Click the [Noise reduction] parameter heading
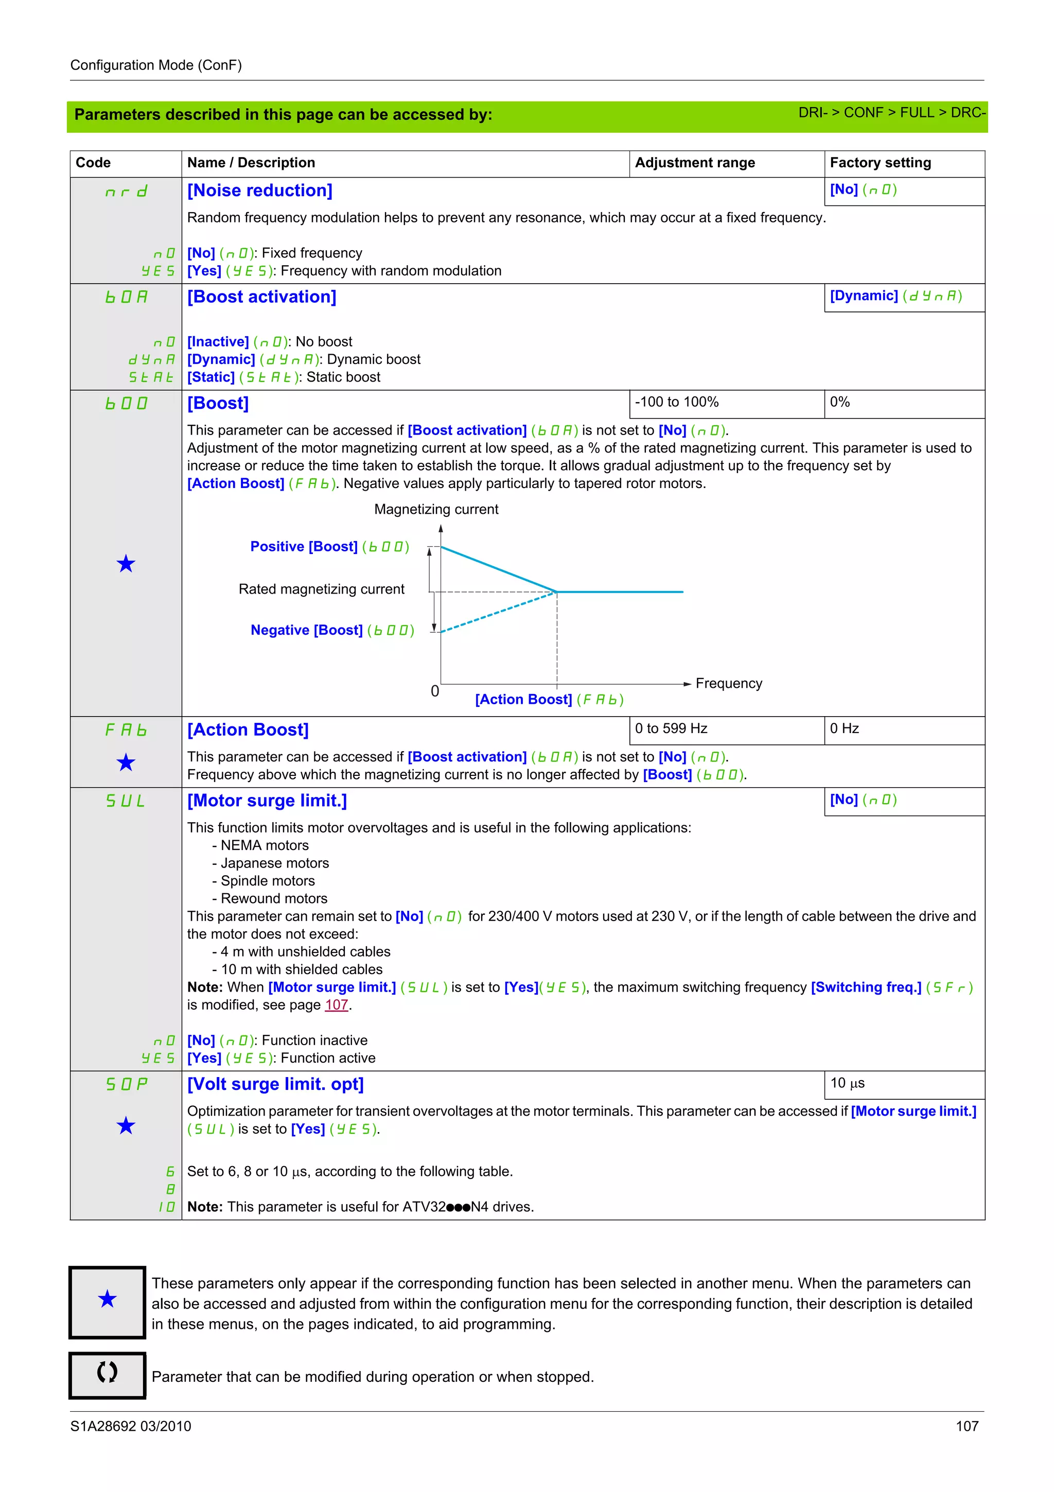260,190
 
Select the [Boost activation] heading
262,297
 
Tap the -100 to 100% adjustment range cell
677,402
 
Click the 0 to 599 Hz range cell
671,728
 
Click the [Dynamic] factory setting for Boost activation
895,297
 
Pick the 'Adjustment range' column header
695,163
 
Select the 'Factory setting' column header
880,163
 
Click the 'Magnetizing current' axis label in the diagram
436,510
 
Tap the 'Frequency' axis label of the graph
729,684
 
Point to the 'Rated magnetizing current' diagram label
322,589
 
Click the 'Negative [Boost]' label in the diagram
332,630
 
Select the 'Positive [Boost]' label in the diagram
329,547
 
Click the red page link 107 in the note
337,1005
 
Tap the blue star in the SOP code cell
126,1125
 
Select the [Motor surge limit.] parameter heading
267,801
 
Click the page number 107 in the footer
967,1427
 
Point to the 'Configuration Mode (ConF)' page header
156,65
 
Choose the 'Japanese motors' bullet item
274,863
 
